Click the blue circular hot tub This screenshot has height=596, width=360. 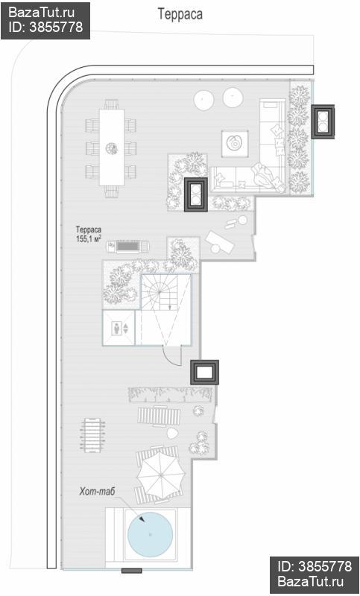[x=150, y=534]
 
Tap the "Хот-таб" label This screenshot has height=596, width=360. [x=97, y=492]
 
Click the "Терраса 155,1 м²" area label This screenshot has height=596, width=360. [x=89, y=234]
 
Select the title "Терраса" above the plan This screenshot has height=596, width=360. [x=180, y=14]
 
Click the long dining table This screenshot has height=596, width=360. [x=112, y=147]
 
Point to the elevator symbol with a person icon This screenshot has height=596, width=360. [x=119, y=328]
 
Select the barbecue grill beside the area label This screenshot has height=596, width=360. [x=128, y=247]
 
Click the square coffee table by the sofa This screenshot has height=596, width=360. [x=236, y=143]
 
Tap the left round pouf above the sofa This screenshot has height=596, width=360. [x=204, y=101]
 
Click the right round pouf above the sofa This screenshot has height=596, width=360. [x=233, y=98]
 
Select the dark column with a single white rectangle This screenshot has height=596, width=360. [x=205, y=372]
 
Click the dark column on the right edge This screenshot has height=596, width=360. [x=323, y=121]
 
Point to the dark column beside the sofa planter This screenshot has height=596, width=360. [x=196, y=194]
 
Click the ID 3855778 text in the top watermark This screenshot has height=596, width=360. [x=45, y=27]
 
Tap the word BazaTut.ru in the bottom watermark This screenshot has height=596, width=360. [x=311, y=581]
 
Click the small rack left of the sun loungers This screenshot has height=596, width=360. [x=92, y=435]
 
